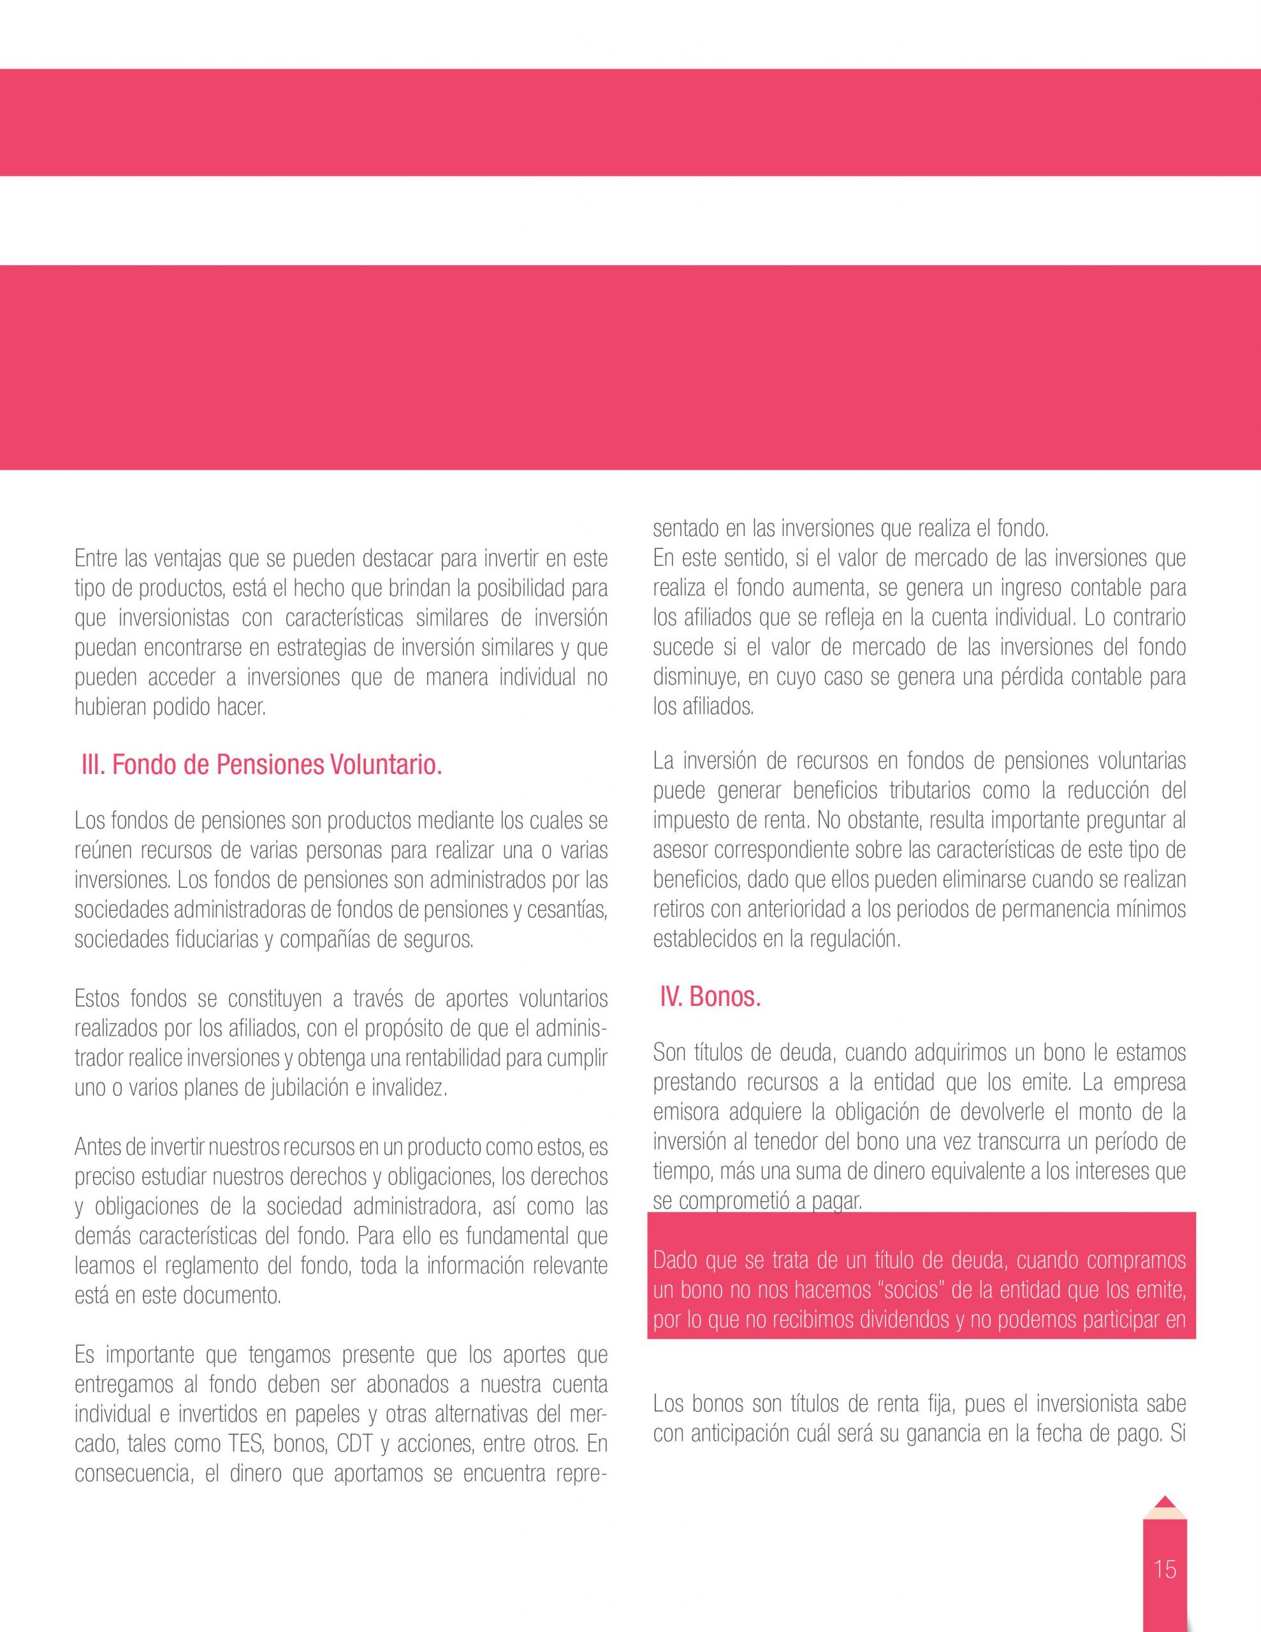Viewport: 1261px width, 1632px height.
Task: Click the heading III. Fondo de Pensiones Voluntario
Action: [x=261, y=766]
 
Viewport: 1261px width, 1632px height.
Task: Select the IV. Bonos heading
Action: [x=710, y=998]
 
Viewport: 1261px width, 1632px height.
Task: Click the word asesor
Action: [x=677, y=850]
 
